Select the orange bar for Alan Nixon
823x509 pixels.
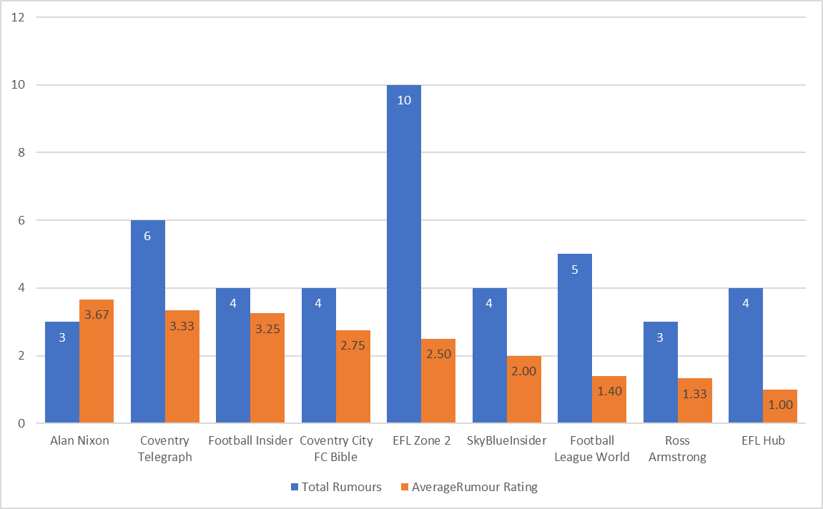[97, 361]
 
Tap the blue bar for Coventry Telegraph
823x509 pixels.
[148, 322]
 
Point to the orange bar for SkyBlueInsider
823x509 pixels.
[524, 390]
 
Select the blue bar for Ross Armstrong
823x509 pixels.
[661, 372]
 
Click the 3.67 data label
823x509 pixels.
[97, 314]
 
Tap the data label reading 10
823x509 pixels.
[404, 100]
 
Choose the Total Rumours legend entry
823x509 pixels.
[336, 487]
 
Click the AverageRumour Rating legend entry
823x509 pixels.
[468, 487]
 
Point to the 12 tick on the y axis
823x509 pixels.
[19, 17]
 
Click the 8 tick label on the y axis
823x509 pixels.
[21, 152]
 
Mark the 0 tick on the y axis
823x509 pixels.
[21, 423]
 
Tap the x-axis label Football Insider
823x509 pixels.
[250, 440]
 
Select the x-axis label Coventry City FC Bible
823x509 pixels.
[336, 448]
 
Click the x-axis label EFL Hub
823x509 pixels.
[763, 440]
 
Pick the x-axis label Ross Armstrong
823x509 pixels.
[677, 448]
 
